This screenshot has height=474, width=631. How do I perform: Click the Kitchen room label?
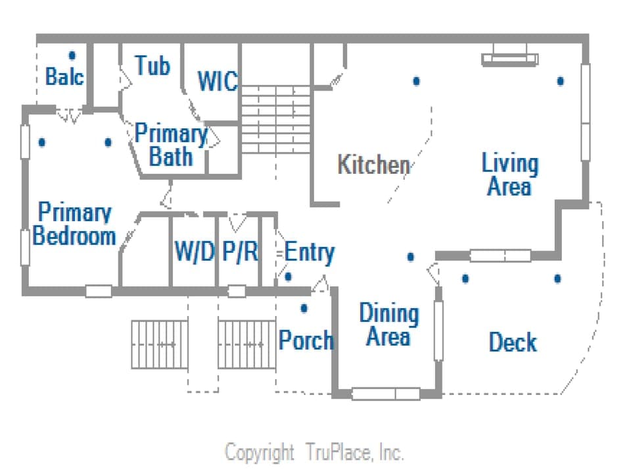pyautogui.click(x=373, y=165)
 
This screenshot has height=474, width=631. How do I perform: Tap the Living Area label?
pyautogui.click(x=509, y=174)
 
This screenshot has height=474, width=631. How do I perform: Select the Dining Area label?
pyautogui.click(x=388, y=326)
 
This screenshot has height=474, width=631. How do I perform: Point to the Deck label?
pyautogui.click(x=513, y=342)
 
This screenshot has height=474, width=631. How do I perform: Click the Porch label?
pyautogui.click(x=306, y=340)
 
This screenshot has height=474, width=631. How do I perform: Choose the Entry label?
pyautogui.click(x=309, y=252)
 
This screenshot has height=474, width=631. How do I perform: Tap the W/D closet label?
pyautogui.click(x=195, y=251)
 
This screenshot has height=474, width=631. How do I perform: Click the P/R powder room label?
pyautogui.click(x=239, y=251)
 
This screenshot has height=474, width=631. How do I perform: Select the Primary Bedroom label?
pyautogui.click(x=74, y=224)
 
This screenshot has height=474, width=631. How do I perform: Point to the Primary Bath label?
pyautogui.click(x=171, y=145)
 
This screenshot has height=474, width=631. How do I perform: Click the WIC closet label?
pyautogui.click(x=217, y=82)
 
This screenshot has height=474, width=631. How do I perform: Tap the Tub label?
pyautogui.click(x=152, y=66)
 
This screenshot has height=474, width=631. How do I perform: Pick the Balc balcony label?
pyautogui.click(x=64, y=76)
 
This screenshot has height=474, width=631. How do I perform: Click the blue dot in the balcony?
pyautogui.click(x=72, y=55)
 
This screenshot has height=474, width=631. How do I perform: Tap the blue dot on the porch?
pyautogui.click(x=304, y=307)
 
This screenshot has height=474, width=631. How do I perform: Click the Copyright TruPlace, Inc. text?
pyautogui.click(x=314, y=453)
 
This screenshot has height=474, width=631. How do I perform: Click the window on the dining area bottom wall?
pyautogui.click(x=385, y=394)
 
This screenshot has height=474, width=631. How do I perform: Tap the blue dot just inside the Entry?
pyautogui.click(x=288, y=276)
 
